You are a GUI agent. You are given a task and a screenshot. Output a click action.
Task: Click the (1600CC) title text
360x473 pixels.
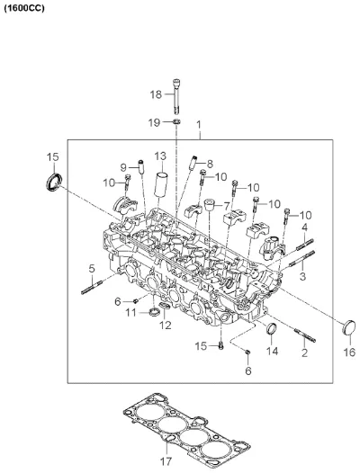tap(24, 8)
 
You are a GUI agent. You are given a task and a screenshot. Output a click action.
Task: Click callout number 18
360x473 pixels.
tap(156, 94)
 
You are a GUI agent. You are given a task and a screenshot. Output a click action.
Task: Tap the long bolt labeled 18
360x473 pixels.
tap(176, 96)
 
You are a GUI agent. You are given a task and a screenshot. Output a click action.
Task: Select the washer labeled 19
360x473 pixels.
tap(176, 122)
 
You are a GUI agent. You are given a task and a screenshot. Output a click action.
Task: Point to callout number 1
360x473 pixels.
tap(198, 125)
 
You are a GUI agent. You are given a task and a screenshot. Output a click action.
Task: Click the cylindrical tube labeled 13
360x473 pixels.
tap(162, 184)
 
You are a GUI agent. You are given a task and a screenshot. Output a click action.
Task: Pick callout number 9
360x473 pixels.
tap(123, 167)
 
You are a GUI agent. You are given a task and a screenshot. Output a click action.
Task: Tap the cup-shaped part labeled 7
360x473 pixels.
tap(210, 205)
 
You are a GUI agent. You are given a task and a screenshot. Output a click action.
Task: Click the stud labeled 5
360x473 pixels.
tap(92, 287)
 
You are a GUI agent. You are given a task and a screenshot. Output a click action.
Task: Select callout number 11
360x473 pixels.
tap(131, 313)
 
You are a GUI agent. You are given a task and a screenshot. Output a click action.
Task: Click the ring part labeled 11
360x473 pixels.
tap(155, 312)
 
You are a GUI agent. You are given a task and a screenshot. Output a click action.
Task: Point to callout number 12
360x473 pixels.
tap(166, 325)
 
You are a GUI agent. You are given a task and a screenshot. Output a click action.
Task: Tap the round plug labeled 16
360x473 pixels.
tap(349, 327)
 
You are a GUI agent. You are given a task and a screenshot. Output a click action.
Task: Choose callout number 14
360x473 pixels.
tap(272, 351)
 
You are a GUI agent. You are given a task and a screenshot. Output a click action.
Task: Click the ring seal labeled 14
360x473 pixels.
tap(271, 328)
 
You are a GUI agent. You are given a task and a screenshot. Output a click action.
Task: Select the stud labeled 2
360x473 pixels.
tap(305, 335)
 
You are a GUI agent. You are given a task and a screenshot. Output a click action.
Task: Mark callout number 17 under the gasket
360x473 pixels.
tap(166, 461)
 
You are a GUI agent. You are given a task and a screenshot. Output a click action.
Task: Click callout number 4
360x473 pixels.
tap(304, 228)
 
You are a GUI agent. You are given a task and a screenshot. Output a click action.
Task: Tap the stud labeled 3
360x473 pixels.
tap(302, 258)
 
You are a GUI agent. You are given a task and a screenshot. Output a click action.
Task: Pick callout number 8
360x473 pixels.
tap(210, 164)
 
